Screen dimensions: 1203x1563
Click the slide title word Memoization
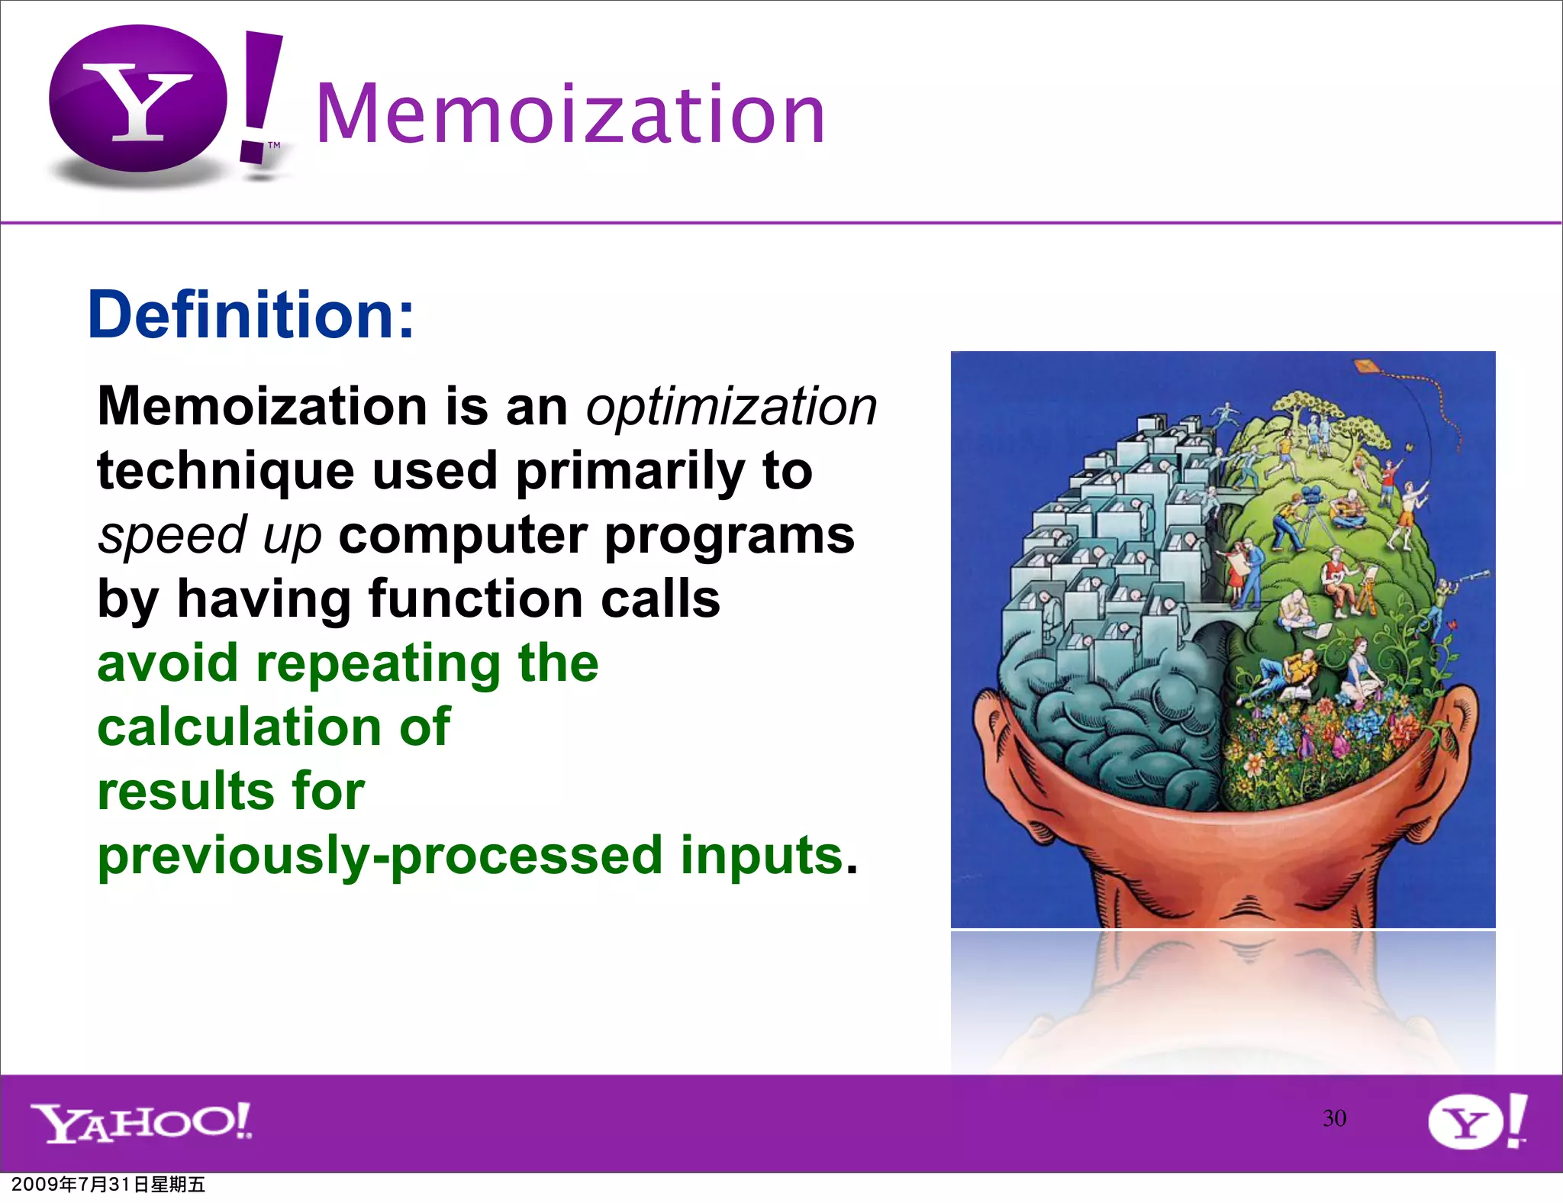(x=570, y=114)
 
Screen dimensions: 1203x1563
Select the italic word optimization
(x=731, y=406)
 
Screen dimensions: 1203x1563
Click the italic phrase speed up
(x=210, y=536)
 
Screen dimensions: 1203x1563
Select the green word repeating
(x=379, y=664)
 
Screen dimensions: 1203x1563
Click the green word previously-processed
(x=380, y=856)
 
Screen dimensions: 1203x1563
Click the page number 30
(x=1334, y=1118)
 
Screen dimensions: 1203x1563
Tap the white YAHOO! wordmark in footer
(x=141, y=1122)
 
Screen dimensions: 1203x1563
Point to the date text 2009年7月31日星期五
(x=108, y=1185)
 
